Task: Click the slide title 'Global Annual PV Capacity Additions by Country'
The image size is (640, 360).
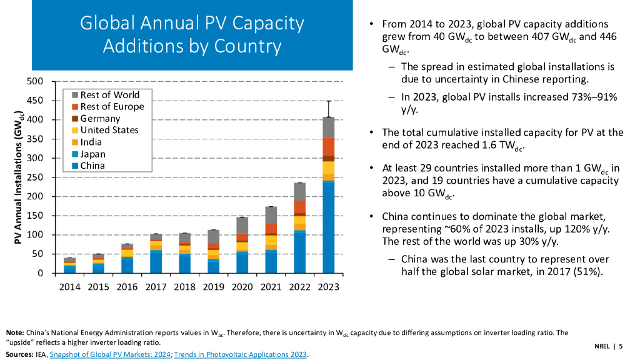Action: pos(192,34)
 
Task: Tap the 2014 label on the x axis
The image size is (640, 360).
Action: pos(70,287)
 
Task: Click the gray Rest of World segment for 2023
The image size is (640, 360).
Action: pos(328,128)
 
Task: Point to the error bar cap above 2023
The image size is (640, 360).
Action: pos(328,101)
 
